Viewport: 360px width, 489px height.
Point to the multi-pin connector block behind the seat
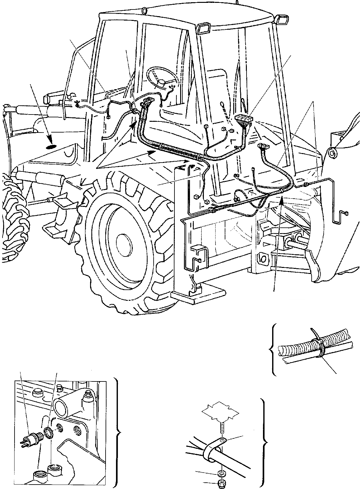243,120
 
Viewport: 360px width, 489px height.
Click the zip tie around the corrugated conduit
317,349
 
